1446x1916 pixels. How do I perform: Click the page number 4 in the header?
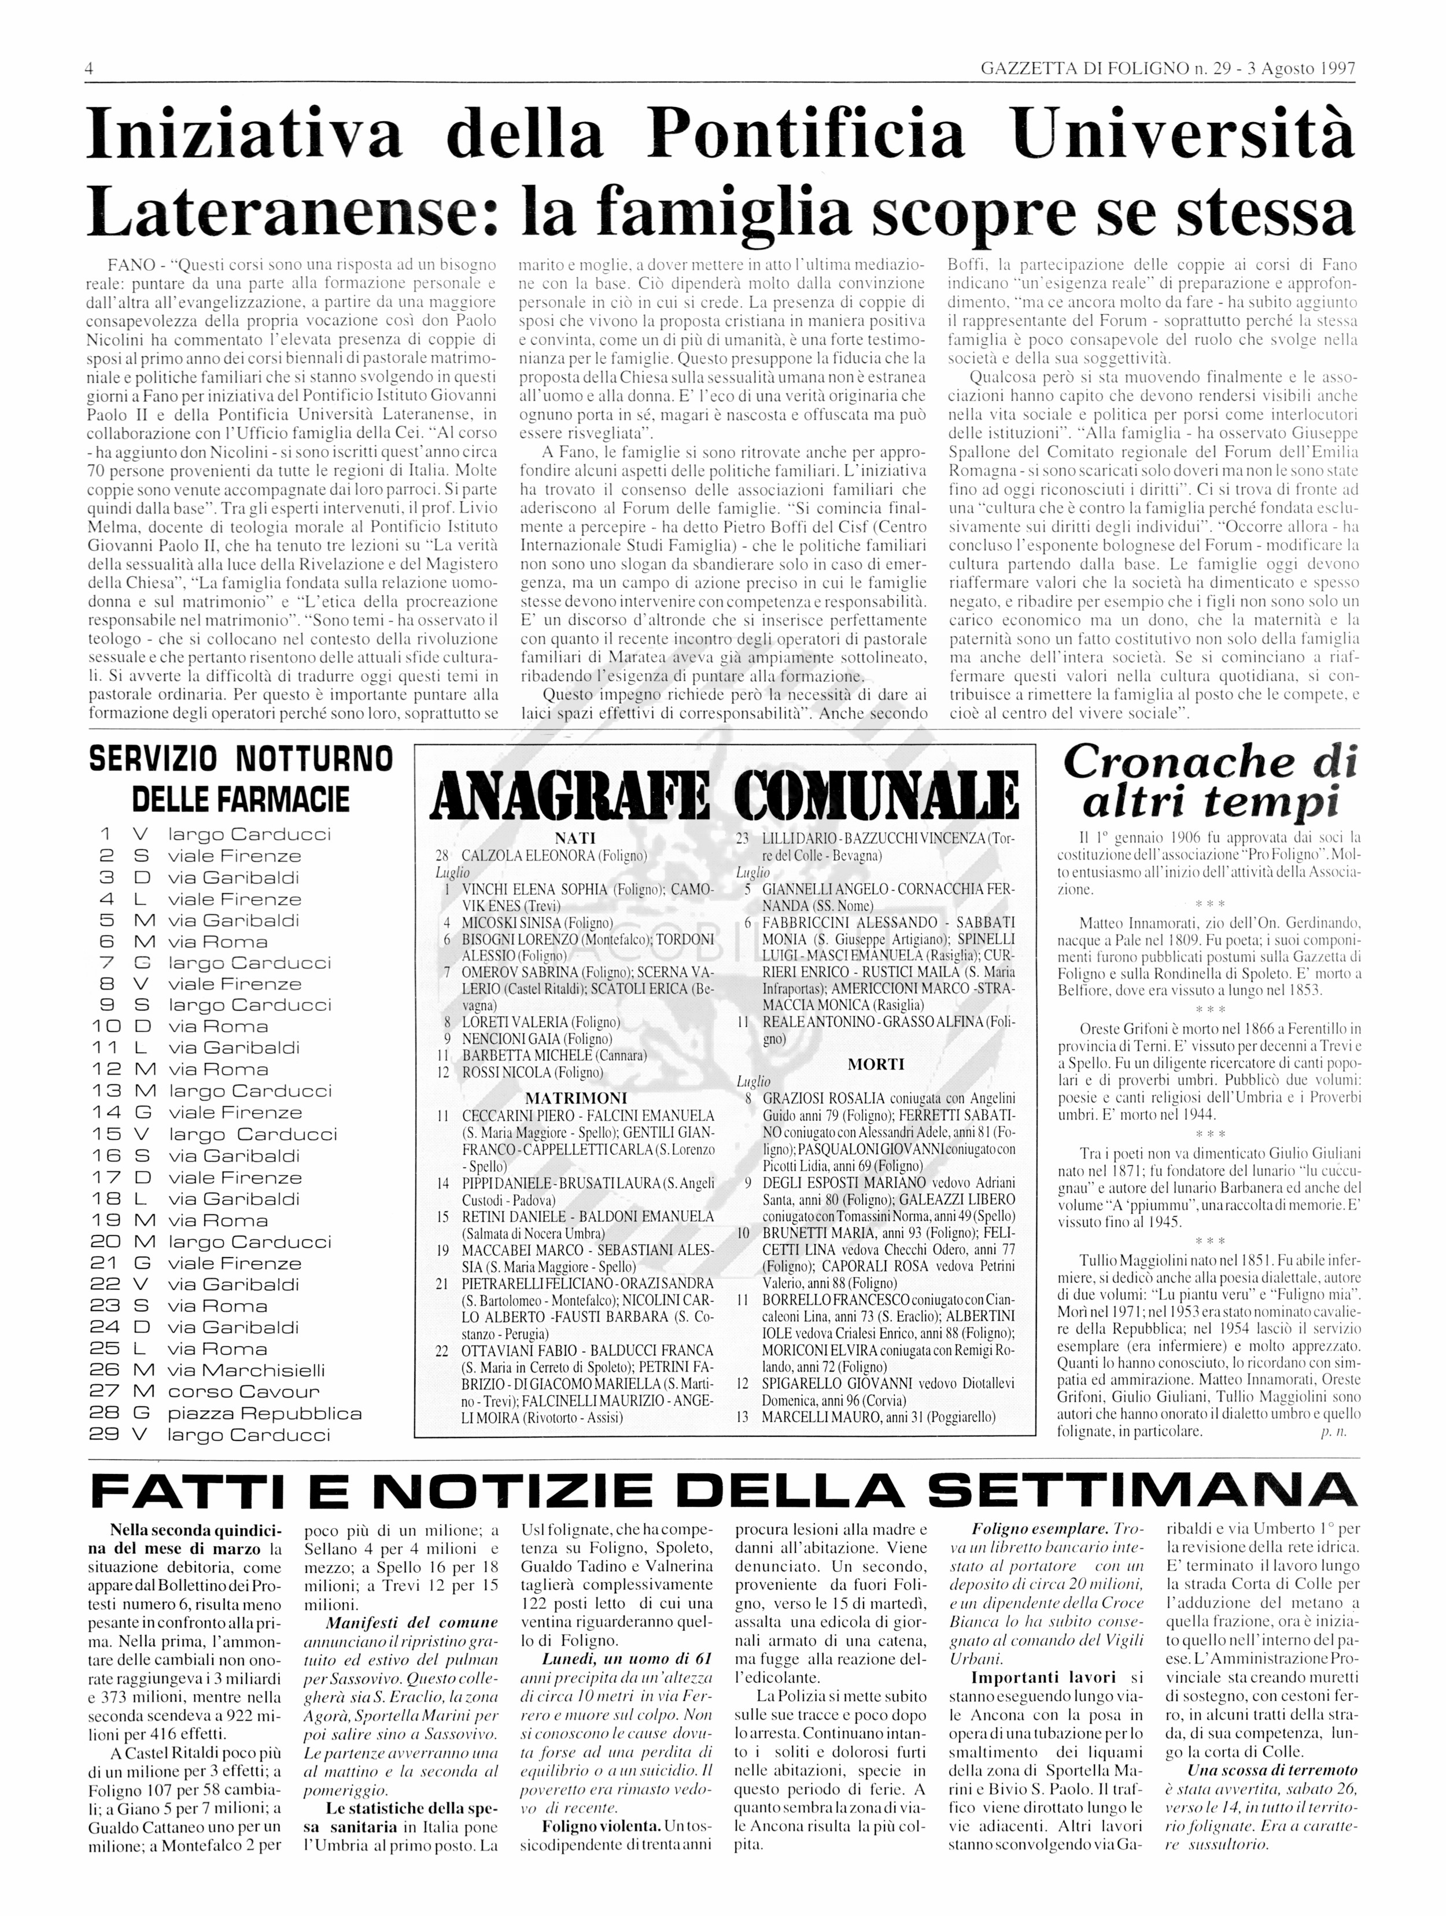click(89, 68)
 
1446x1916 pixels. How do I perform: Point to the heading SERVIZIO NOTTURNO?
click(241, 760)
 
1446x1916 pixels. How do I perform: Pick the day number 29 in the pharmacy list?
click(106, 1435)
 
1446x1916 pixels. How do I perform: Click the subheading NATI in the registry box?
click(575, 837)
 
